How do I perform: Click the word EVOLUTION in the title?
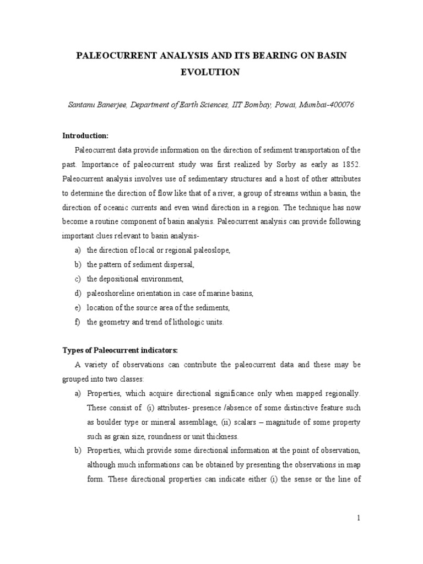pyautogui.click(x=211, y=72)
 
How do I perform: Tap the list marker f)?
pyautogui.click(x=77, y=322)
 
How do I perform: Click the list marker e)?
pyautogui.click(x=77, y=308)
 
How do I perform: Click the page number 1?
pyautogui.click(x=358, y=518)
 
